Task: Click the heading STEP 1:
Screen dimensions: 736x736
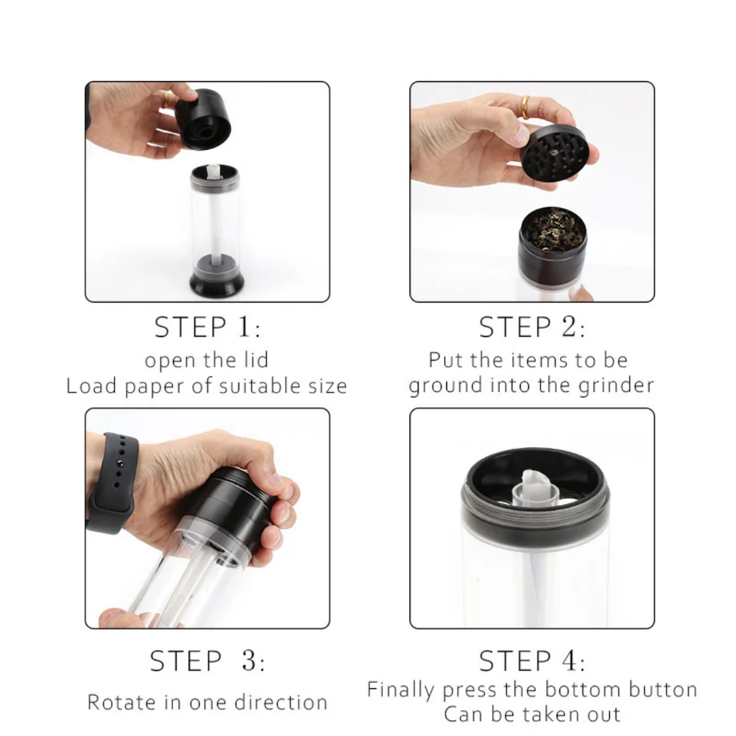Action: tap(207, 327)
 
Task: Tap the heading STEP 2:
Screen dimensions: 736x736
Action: tap(532, 327)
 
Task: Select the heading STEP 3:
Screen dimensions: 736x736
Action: tap(207, 661)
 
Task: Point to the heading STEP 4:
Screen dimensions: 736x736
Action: tap(532, 661)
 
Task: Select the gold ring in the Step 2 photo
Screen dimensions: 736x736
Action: tap(525, 108)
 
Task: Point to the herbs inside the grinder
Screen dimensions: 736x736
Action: tap(553, 228)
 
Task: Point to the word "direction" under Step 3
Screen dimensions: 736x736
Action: tap(281, 702)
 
